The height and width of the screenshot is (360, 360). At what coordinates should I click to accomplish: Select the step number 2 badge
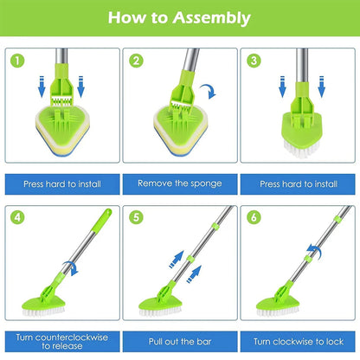(137, 62)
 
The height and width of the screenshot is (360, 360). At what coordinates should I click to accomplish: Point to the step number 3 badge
(254, 62)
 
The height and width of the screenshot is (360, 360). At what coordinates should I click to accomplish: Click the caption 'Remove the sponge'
(179, 184)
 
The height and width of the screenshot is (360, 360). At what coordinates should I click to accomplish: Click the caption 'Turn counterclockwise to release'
(61, 339)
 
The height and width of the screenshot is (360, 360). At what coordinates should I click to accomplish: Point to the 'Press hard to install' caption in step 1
(61, 184)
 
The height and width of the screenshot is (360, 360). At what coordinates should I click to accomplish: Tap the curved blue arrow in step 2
(209, 91)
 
